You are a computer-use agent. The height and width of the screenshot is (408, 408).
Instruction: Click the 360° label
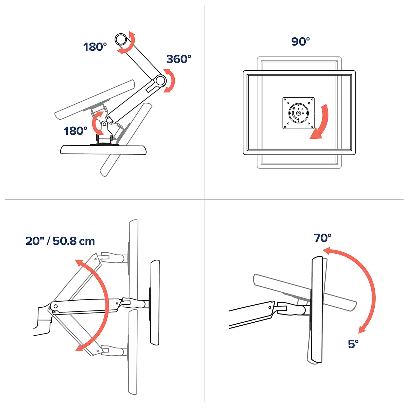pos(179,59)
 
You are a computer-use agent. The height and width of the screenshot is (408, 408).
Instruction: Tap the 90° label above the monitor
pos(301,41)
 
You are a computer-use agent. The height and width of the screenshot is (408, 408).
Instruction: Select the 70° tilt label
pos(322,238)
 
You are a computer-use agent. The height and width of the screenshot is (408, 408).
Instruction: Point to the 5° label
pos(353,344)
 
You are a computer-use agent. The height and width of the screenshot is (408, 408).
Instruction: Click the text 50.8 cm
pos(74,241)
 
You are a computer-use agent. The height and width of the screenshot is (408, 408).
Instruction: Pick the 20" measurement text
pos(34,241)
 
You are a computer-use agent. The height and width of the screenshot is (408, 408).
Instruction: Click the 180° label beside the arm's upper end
pos(95,47)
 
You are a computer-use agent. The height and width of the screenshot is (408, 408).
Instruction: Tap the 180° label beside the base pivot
pos(75,131)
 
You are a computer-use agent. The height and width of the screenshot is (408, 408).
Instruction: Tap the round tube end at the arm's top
pos(121,39)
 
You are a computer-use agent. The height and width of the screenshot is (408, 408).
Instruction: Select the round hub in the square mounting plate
pos(299,113)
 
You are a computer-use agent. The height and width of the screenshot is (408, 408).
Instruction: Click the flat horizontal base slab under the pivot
pos(103,150)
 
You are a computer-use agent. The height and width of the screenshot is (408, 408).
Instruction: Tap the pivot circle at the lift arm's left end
pos(56,306)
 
